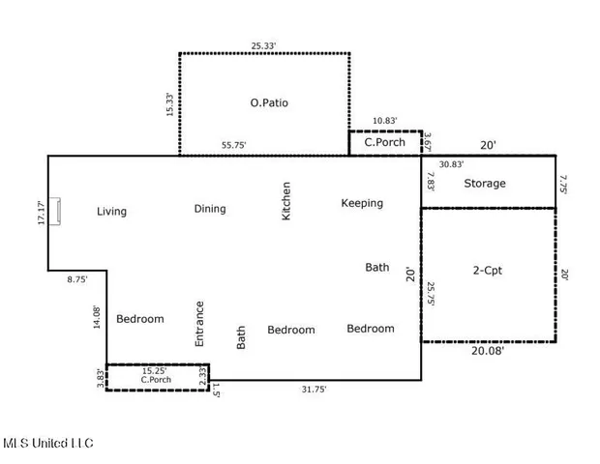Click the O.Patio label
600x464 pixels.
tap(269, 102)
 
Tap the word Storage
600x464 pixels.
tap(484, 183)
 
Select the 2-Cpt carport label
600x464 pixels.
tap(487, 271)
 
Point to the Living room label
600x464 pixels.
tap(111, 211)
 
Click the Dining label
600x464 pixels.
tap(210, 208)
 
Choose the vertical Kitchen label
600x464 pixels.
tap(286, 201)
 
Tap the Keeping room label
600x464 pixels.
tap(362, 203)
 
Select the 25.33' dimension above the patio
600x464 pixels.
tap(265, 44)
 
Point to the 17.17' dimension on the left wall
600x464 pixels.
tap(41, 213)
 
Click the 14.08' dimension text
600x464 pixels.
tap(97, 318)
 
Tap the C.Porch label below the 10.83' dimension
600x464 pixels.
tap(383, 143)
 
